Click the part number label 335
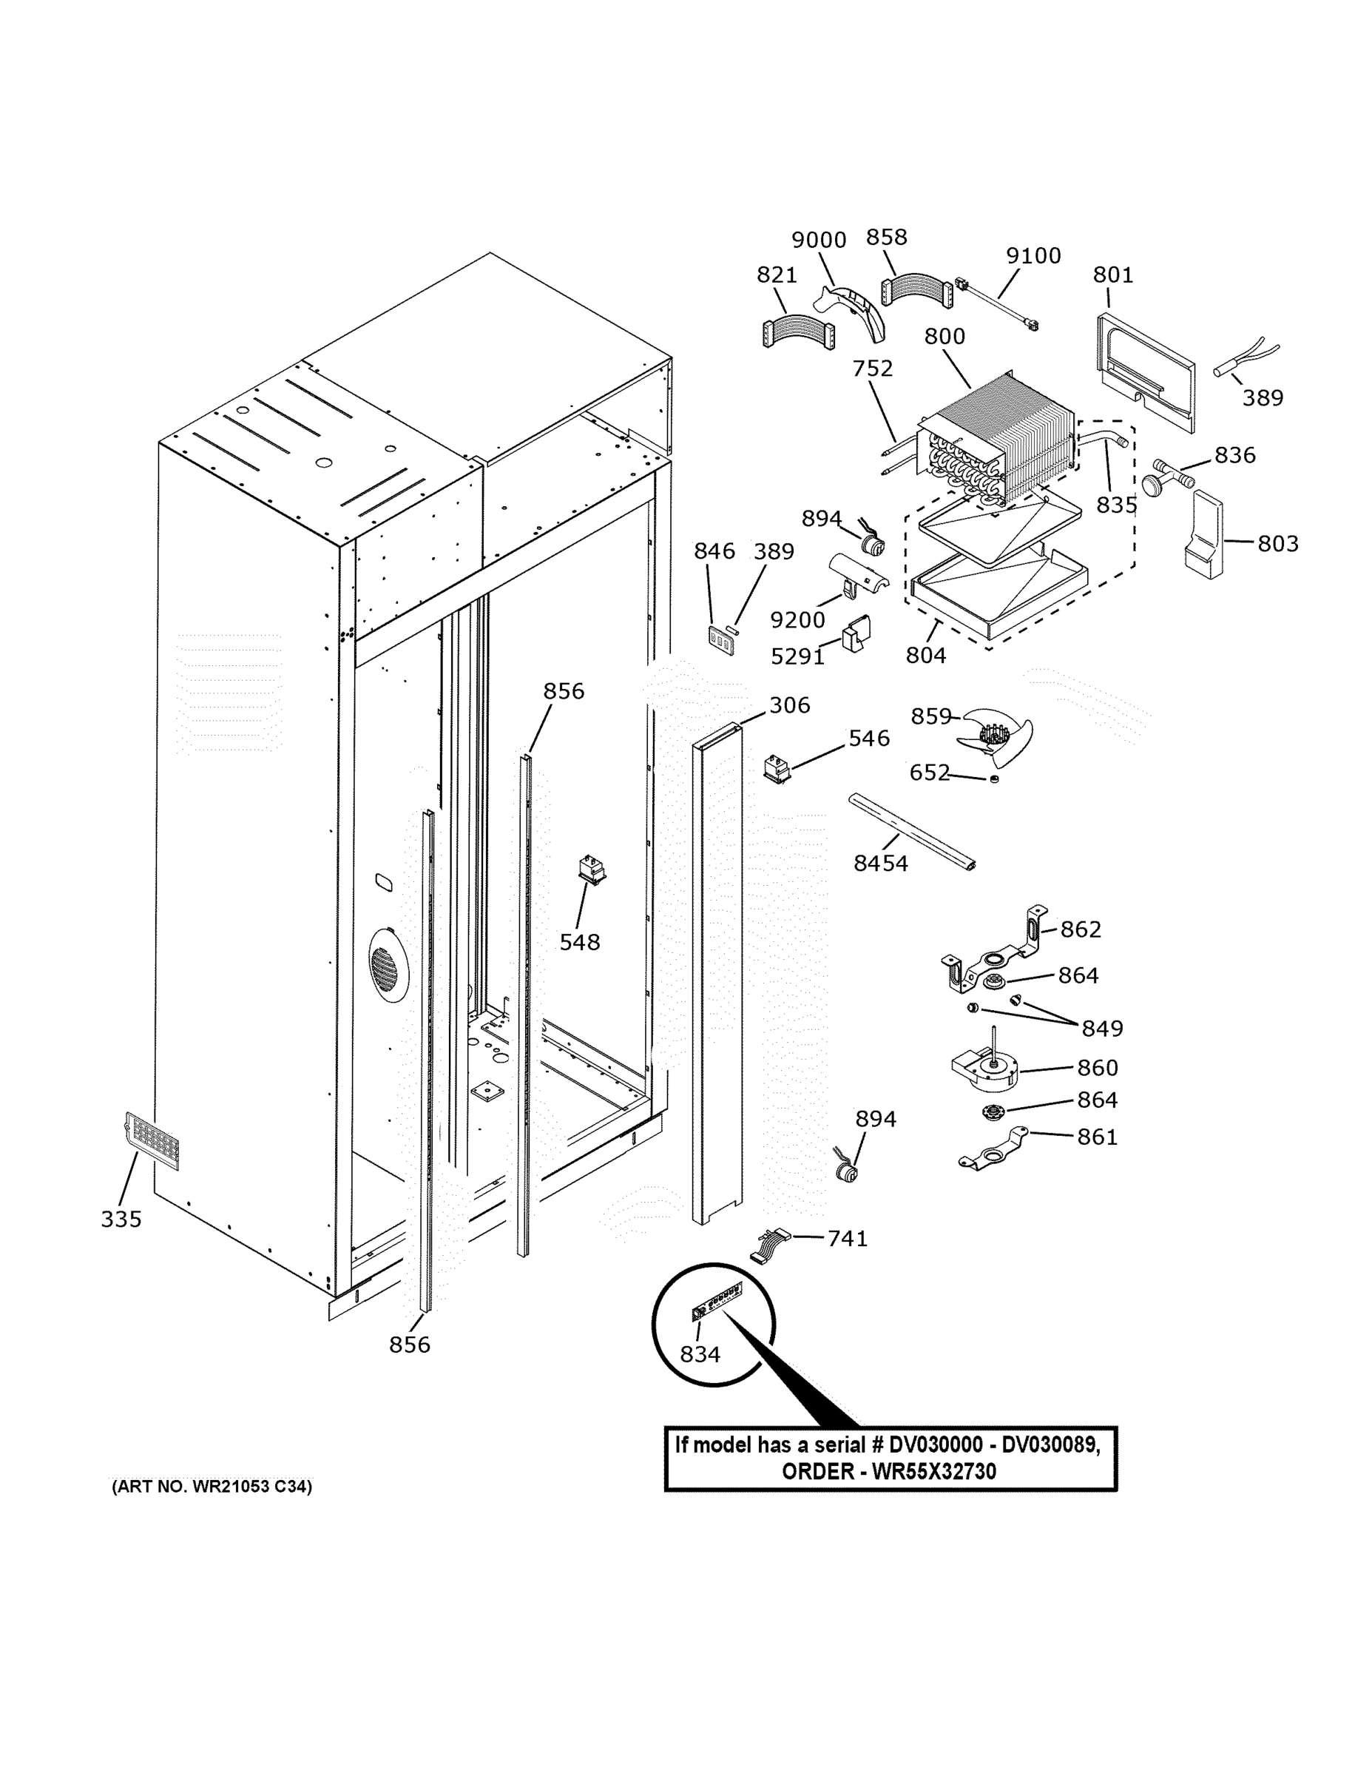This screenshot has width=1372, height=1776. (x=121, y=1218)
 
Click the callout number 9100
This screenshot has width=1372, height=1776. (x=1033, y=255)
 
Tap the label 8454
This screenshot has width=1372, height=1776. (x=880, y=863)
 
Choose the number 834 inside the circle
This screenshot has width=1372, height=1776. (x=700, y=1354)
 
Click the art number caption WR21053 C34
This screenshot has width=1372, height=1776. (x=212, y=1487)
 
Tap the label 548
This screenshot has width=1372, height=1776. (x=580, y=942)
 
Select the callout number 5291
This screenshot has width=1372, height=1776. (x=797, y=656)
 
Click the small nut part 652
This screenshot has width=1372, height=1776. (x=993, y=779)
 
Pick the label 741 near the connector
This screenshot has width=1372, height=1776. (x=847, y=1238)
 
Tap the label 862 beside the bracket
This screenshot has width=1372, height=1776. (x=1080, y=929)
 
